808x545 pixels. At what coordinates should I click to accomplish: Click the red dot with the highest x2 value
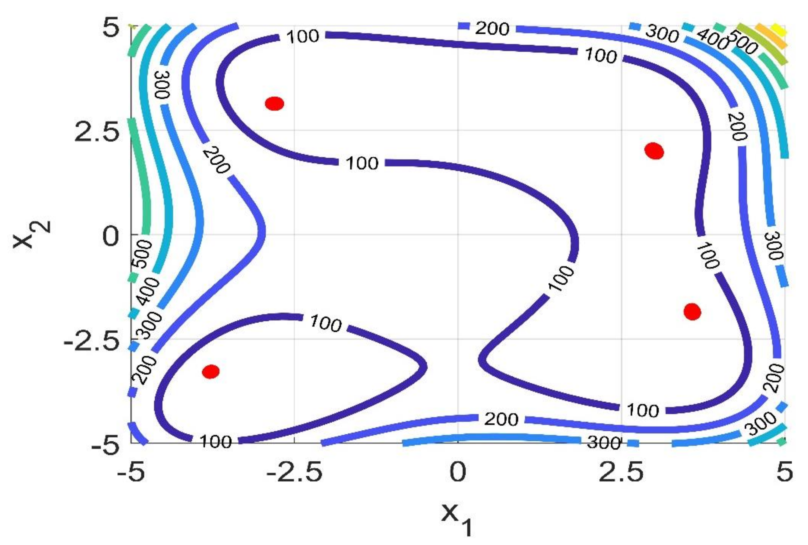tap(274, 103)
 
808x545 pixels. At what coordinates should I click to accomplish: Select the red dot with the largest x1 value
tap(692, 311)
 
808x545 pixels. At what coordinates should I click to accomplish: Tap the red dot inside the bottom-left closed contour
tap(211, 372)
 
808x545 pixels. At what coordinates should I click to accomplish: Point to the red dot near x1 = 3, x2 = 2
tap(654, 151)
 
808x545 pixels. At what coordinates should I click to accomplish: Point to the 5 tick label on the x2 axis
tap(111, 29)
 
